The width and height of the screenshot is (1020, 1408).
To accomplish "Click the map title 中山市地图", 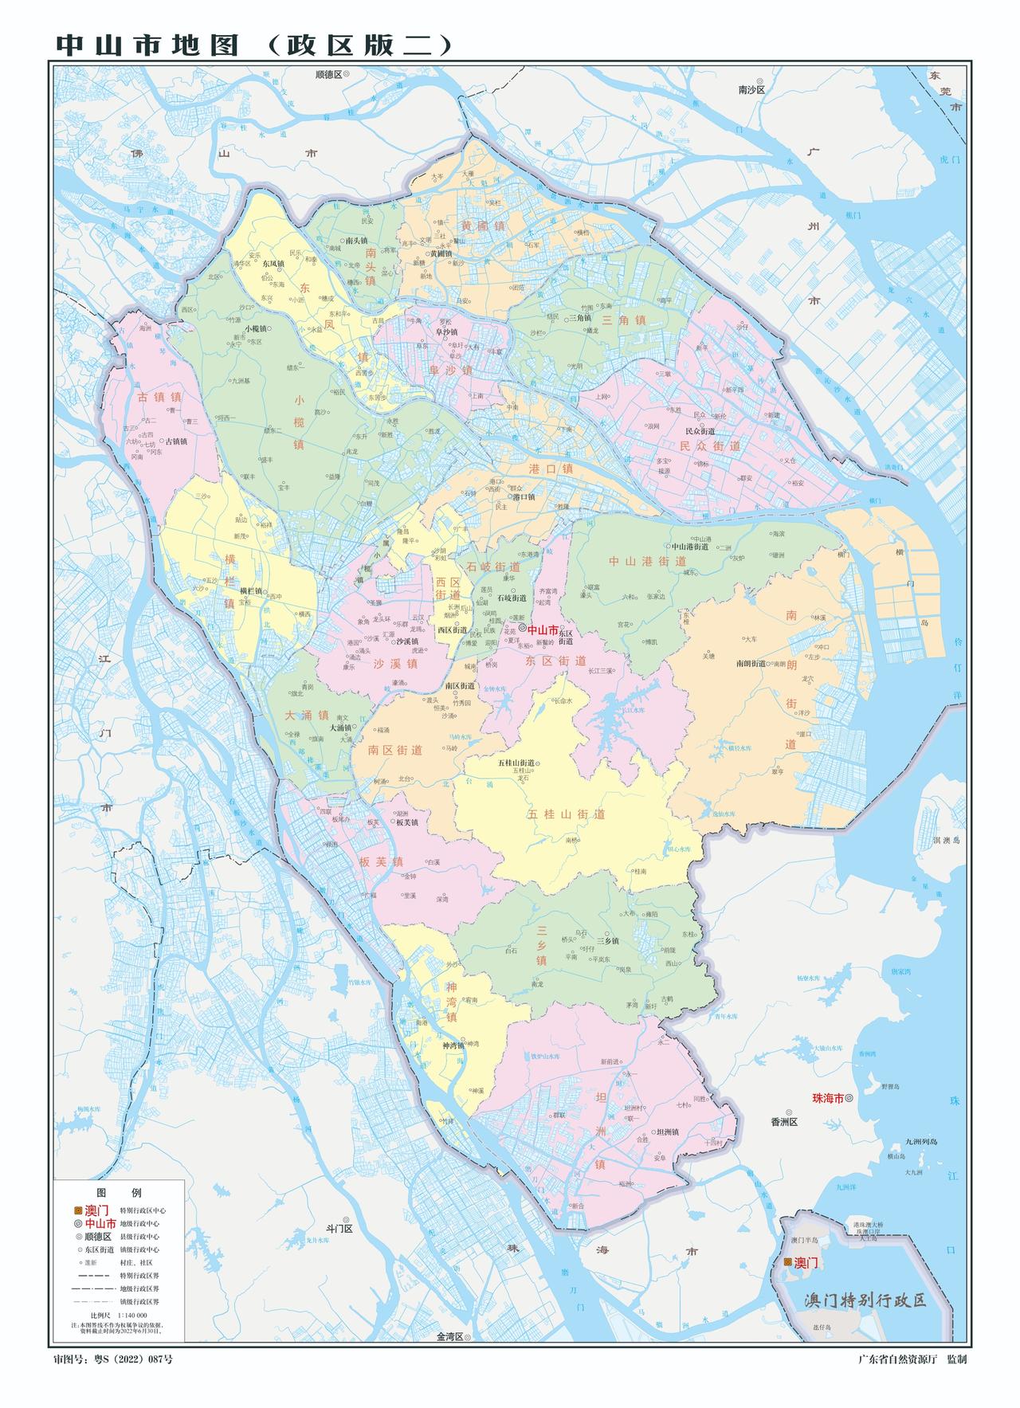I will point(147,45).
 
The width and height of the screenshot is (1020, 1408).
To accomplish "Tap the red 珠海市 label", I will point(827,1097).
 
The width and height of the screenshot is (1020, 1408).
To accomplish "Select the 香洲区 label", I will point(783,1122).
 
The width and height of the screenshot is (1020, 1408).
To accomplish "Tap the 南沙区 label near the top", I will point(751,90).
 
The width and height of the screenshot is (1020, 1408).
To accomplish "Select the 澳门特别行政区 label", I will point(865,1300).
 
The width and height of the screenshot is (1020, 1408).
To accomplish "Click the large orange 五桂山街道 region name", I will point(566,814).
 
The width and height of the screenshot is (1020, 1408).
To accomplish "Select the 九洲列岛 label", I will point(921,1142).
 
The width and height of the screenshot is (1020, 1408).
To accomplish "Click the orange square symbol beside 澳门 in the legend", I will point(78,1210).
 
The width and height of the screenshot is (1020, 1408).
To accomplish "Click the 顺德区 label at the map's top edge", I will point(328,73).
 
